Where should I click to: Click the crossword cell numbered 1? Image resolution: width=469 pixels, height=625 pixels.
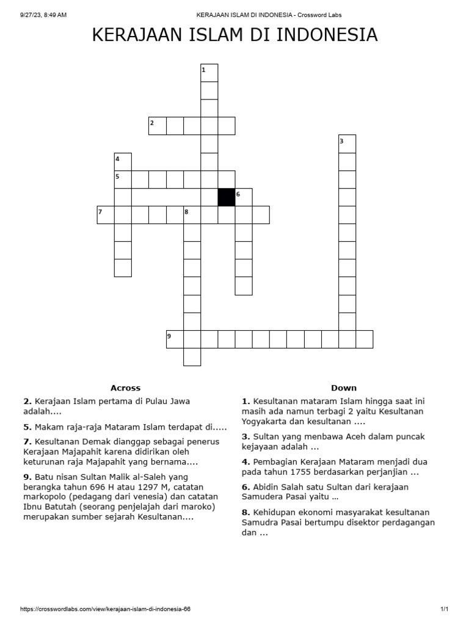[x=209, y=73]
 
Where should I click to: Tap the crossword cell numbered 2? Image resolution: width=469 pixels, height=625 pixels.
[x=158, y=126]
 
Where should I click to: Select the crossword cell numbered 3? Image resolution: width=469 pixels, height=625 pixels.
[x=347, y=143]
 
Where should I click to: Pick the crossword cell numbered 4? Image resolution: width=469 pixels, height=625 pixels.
[x=123, y=162]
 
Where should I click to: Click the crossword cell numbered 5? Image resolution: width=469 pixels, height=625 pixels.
[x=123, y=179]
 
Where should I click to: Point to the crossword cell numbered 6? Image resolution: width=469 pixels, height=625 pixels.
[x=244, y=197]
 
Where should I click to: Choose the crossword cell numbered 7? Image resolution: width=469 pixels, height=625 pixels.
[x=106, y=215]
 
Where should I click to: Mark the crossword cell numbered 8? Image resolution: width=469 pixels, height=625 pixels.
[x=192, y=215]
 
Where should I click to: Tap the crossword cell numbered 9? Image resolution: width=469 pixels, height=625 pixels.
[x=175, y=339]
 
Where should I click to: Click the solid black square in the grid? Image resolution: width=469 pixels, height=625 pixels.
[x=227, y=197]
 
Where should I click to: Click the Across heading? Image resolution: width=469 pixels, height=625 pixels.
[x=125, y=388]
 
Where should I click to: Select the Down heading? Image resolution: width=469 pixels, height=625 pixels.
[x=344, y=388]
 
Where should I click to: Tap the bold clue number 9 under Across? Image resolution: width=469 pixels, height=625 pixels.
[x=27, y=476]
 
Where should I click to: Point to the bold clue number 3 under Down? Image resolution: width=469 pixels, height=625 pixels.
[x=246, y=436]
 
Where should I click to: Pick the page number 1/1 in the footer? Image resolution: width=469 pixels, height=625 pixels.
[x=444, y=609]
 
